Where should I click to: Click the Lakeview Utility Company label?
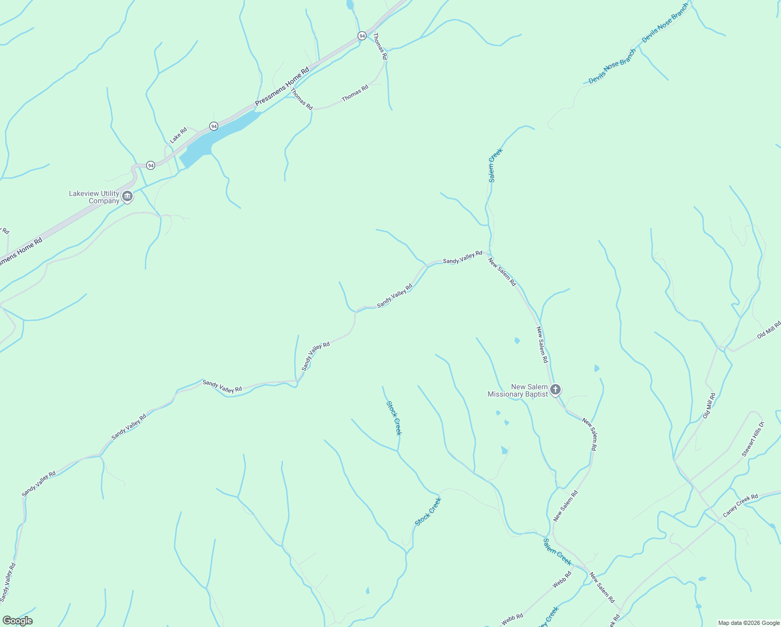click(x=94, y=197)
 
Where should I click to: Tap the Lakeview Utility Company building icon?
click(x=127, y=197)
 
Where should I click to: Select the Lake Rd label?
click(x=179, y=135)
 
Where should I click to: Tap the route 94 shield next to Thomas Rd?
click(x=362, y=36)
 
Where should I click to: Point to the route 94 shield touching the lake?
click(x=214, y=126)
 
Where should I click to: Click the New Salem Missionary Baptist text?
click(x=518, y=391)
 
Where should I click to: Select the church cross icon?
click(x=555, y=389)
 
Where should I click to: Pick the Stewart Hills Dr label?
click(x=752, y=439)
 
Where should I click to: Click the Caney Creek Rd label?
click(x=740, y=506)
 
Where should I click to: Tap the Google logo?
click(x=17, y=621)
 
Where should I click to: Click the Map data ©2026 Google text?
click(x=749, y=623)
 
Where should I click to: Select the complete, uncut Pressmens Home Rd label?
click(x=282, y=86)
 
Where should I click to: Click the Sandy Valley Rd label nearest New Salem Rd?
click(x=463, y=257)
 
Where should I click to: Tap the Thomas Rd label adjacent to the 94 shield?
click(x=380, y=46)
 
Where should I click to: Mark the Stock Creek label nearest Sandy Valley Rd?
click(x=394, y=417)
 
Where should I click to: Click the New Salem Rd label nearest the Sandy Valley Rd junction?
click(x=502, y=272)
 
